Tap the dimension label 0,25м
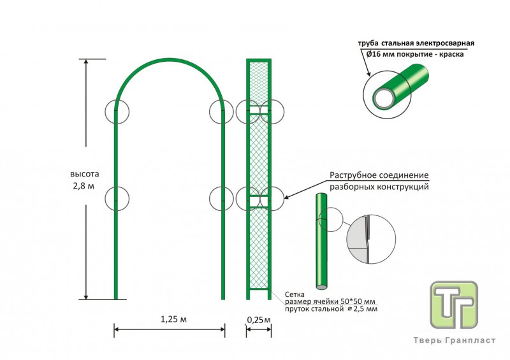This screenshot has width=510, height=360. [x=259, y=319]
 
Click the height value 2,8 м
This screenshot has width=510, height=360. [x=85, y=185]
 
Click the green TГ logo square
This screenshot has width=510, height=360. [x=454, y=305]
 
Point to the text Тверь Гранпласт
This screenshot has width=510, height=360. [x=454, y=341]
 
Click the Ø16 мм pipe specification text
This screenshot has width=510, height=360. [x=415, y=55]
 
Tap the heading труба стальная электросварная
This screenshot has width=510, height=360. [x=416, y=43]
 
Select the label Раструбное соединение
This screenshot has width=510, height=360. [x=379, y=176]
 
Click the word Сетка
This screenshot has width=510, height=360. [x=295, y=294]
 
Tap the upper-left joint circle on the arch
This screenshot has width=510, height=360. [x=116, y=112]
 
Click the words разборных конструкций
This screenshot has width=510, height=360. [x=379, y=187]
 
